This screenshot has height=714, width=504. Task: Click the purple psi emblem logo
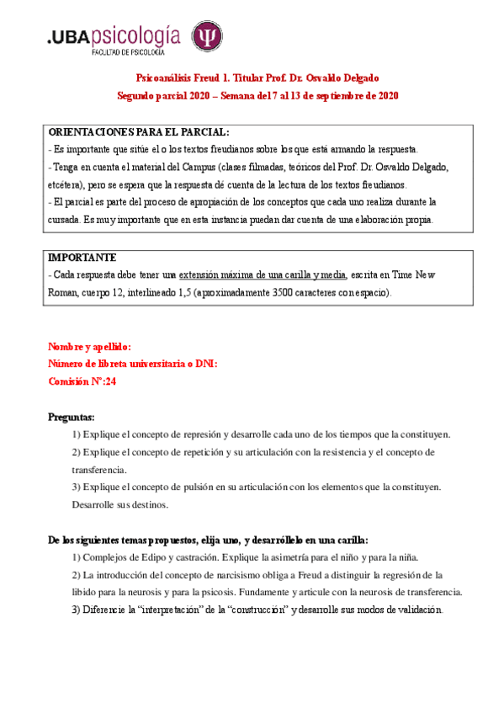(x=207, y=37)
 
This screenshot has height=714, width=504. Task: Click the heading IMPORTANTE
(x=82, y=257)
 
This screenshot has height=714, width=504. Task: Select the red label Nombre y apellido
(x=89, y=346)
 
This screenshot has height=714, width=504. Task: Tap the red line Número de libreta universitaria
(x=132, y=363)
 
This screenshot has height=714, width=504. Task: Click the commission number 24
(x=109, y=380)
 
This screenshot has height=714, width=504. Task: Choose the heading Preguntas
(x=72, y=417)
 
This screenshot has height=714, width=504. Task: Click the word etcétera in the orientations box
(x=64, y=185)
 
